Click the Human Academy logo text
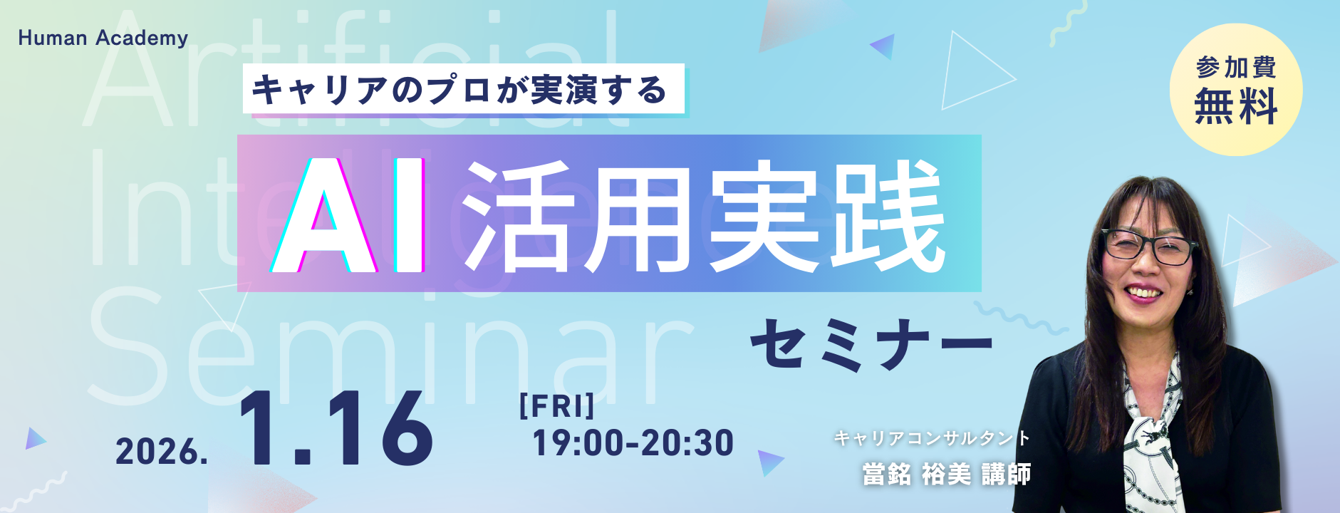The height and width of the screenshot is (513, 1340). click(x=103, y=38)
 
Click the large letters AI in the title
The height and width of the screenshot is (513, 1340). click(x=348, y=216)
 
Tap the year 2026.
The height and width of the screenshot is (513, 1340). click(x=162, y=452)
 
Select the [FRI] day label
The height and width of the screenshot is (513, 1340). click(x=556, y=406)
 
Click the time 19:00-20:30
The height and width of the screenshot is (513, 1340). click(x=633, y=443)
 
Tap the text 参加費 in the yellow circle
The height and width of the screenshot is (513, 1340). click(x=1236, y=68)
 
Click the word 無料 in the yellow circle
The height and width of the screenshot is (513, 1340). click(x=1236, y=107)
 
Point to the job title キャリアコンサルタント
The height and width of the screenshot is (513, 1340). click(x=932, y=437)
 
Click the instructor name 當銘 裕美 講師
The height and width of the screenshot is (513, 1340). click(x=946, y=474)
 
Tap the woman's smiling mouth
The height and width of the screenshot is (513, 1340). click(x=1144, y=292)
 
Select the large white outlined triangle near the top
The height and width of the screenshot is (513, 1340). click(x=972, y=71)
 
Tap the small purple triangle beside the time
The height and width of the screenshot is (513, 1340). click(x=769, y=462)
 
